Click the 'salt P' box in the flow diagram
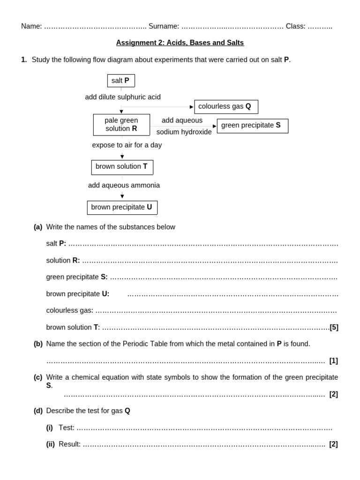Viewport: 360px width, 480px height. (121, 81)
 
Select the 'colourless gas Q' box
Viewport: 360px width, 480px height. (226, 106)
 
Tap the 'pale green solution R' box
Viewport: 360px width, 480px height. (121, 125)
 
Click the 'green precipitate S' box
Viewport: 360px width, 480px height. (252, 126)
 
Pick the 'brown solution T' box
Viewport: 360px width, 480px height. (122, 167)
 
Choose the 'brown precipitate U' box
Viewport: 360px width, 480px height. (122, 207)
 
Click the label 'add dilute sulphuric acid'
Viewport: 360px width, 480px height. (123, 97)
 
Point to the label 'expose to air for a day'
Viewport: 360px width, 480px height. (127, 145)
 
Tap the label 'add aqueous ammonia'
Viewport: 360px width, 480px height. (124, 185)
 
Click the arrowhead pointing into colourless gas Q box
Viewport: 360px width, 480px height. (192, 107)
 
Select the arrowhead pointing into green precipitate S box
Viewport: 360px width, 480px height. (215, 126)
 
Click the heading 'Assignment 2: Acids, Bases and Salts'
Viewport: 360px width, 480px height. (180, 43)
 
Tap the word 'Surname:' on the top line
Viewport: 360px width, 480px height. (164, 26)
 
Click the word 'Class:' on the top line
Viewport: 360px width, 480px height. (295, 26)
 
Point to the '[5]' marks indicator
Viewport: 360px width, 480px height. (334, 327)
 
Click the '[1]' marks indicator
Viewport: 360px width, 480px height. (333, 360)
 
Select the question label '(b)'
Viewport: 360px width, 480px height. (38, 344)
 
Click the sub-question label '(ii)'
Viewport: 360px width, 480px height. (50, 444)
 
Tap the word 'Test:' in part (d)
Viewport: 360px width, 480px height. (67, 427)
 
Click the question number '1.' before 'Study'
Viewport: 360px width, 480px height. (24, 60)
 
